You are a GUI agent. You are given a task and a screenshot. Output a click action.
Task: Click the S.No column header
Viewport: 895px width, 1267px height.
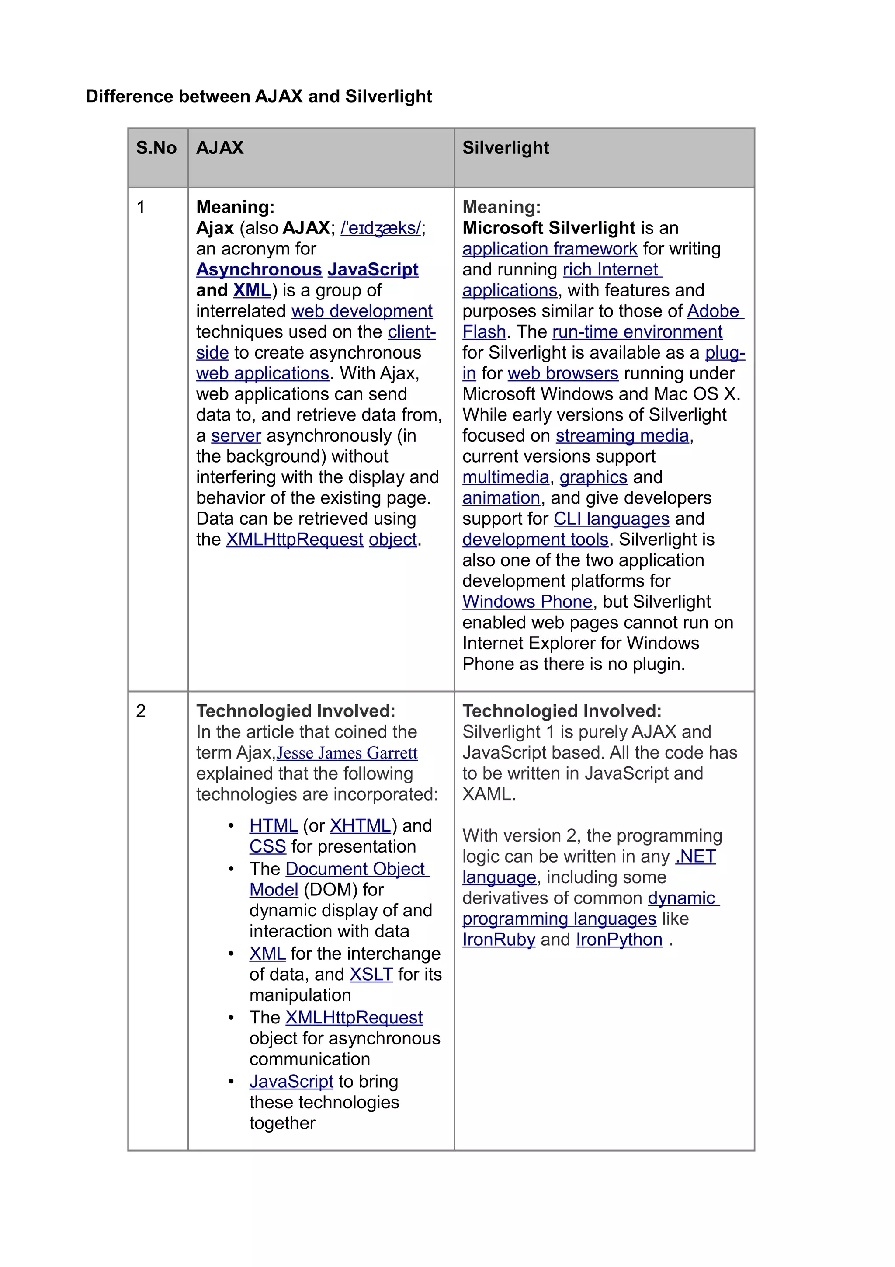[x=156, y=148]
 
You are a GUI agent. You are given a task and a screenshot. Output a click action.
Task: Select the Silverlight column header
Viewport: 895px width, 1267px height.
[x=505, y=148]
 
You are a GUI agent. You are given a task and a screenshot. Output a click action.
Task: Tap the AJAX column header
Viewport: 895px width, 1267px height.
[x=219, y=148]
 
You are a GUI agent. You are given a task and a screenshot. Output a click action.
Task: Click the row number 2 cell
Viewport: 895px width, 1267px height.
[x=141, y=711]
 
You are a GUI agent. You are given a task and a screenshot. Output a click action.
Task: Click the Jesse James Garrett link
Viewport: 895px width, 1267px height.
[x=347, y=753]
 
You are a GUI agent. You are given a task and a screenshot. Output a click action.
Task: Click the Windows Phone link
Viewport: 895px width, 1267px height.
[x=527, y=602]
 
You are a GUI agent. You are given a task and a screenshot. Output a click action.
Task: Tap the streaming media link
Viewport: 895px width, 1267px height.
[x=622, y=436]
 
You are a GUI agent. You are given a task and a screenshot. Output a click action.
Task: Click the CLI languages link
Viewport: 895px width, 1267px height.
[x=611, y=519]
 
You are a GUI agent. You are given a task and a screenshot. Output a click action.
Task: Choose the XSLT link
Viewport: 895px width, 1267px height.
[x=371, y=975]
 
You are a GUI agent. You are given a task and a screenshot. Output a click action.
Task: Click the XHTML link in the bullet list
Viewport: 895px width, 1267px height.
[x=361, y=826]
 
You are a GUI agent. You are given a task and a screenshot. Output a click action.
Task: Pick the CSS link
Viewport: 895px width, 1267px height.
[x=267, y=846]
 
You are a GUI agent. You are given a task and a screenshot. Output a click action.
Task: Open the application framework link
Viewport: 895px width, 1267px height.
[x=549, y=249]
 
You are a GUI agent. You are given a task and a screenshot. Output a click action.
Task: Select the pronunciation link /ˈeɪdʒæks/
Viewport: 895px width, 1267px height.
[x=381, y=228]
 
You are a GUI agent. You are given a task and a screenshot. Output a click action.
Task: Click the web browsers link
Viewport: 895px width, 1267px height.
[x=562, y=374]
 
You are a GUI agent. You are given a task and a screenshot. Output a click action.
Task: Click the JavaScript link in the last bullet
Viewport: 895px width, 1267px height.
[x=291, y=1082]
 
